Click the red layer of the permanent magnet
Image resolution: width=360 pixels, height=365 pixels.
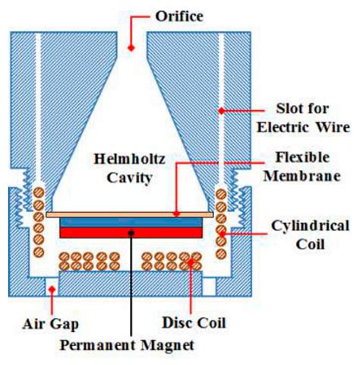131,232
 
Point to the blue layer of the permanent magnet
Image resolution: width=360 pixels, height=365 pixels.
131,221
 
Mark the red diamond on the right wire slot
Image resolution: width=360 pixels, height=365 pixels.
222,111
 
